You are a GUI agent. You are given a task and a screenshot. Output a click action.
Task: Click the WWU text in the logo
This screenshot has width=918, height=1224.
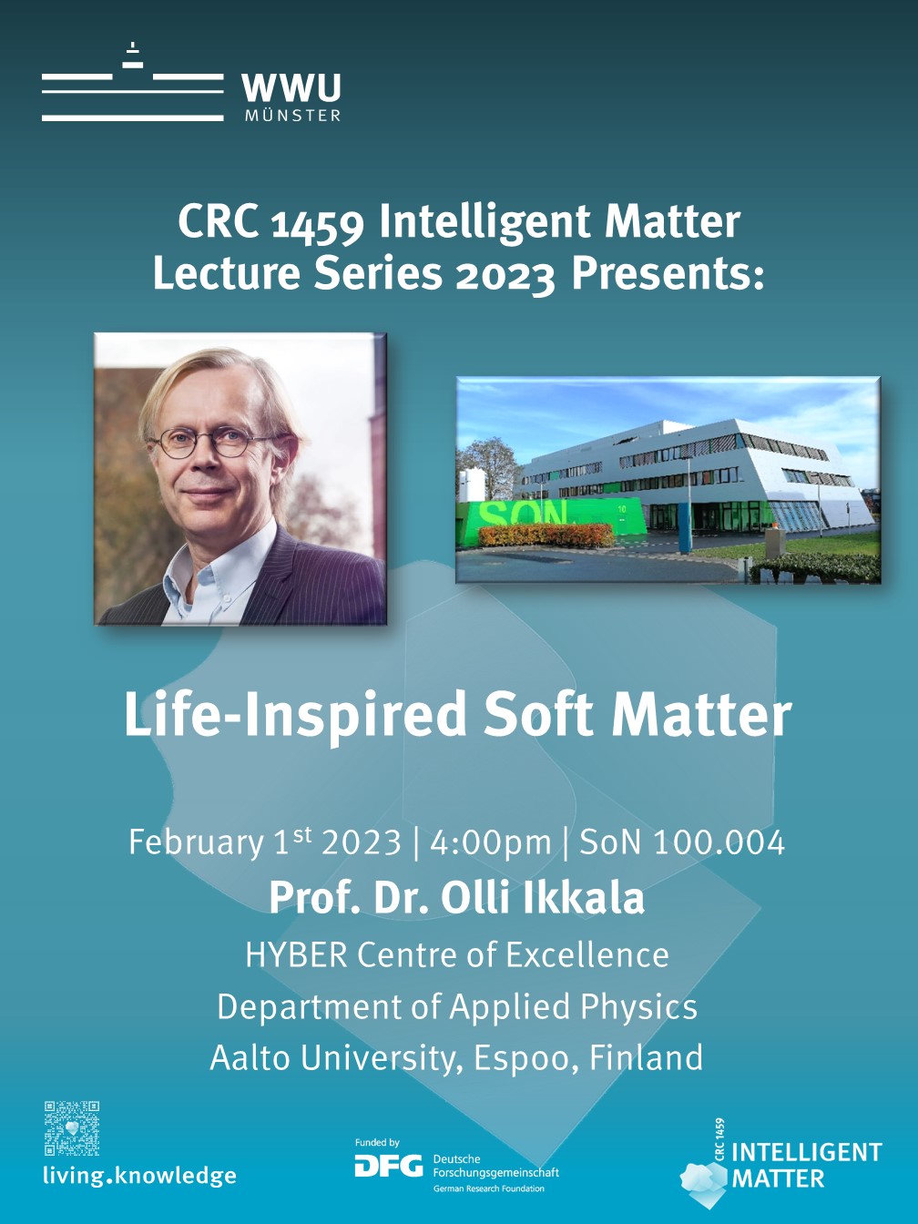pos(291,87)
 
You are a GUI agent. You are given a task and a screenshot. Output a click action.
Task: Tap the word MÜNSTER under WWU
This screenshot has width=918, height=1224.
pos(292,116)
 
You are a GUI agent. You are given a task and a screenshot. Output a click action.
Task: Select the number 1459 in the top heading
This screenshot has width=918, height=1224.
pos(317,224)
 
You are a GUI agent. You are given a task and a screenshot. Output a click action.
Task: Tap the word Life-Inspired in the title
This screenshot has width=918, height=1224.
pos(295,716)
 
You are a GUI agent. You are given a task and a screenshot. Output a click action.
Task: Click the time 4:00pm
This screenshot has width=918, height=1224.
pos(490,841)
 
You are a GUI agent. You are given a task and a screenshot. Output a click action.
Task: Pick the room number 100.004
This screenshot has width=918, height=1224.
pos(719,841)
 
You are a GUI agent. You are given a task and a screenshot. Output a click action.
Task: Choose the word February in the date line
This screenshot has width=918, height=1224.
pos(196,842)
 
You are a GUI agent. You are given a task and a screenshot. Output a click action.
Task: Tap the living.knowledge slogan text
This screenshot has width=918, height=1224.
pos(140,1176)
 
